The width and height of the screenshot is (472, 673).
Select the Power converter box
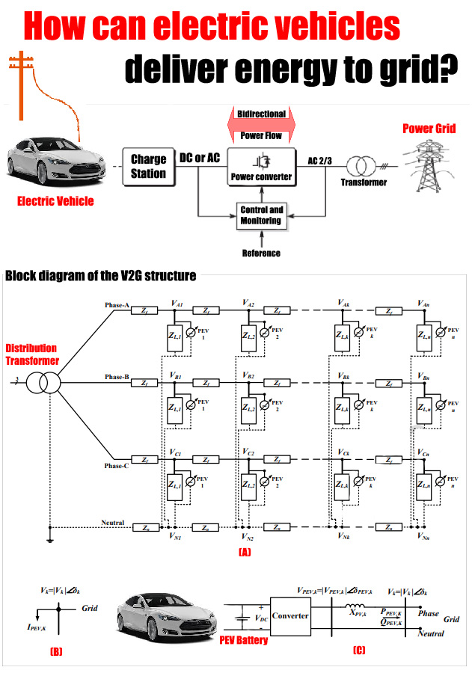[x=261, y=166]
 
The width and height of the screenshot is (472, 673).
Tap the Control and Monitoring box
[x=261, y=215]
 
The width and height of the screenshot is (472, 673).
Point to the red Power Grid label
[x=429, y=129]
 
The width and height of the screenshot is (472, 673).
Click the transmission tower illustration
[x=429, y=166]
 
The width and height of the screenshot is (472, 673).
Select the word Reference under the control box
[x=261, y=253]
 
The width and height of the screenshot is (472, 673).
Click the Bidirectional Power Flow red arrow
[x=261, y=125]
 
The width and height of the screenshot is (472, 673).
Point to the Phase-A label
[x=117, y=305]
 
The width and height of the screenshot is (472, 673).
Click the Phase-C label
[x=117, y=465]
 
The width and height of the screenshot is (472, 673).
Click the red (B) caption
[x=57, y=652]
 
